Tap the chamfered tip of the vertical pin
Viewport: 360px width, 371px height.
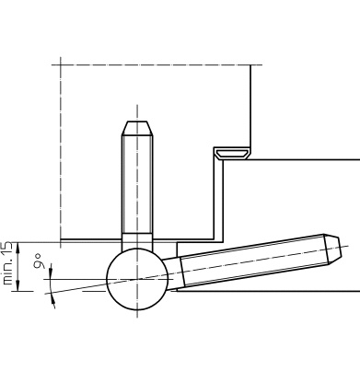(137, 128)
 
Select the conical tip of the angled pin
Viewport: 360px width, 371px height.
(333, 249)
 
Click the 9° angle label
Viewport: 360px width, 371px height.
(38, 261)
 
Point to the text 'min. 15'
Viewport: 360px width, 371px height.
(7, 263)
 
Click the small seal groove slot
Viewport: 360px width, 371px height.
(232, 155)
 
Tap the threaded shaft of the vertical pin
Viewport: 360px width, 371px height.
(137, 184)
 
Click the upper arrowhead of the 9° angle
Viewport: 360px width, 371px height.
(51, 272)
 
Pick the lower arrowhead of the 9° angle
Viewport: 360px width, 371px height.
(53, 300)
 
